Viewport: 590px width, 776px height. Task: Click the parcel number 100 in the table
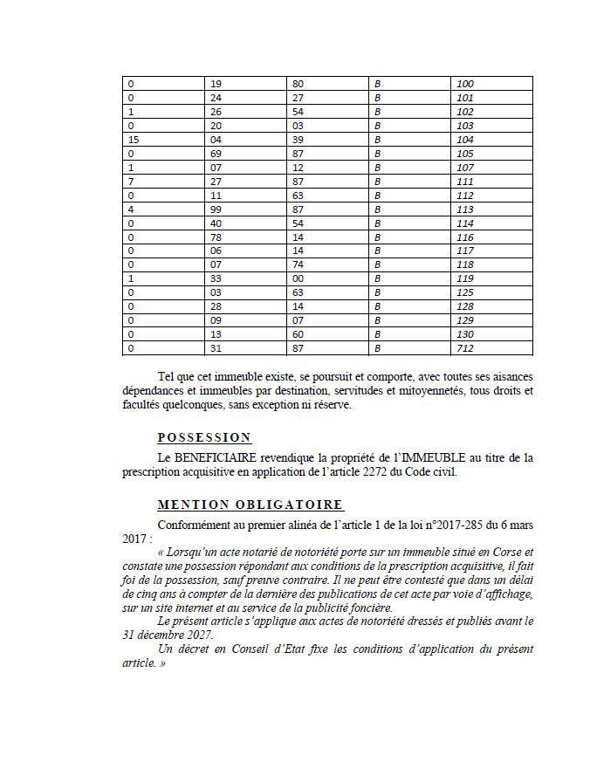tap(465, 84)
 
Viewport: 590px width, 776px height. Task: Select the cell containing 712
tap(465, 349)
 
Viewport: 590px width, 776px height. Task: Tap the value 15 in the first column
tap(134, 140)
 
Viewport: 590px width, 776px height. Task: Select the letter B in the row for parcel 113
tap(378, 209)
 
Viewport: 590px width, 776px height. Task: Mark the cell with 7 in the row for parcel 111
tap(131, 182)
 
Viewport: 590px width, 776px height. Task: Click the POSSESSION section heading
tap(204, 437)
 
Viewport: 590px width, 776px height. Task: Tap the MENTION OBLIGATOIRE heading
tap(250, 505)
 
